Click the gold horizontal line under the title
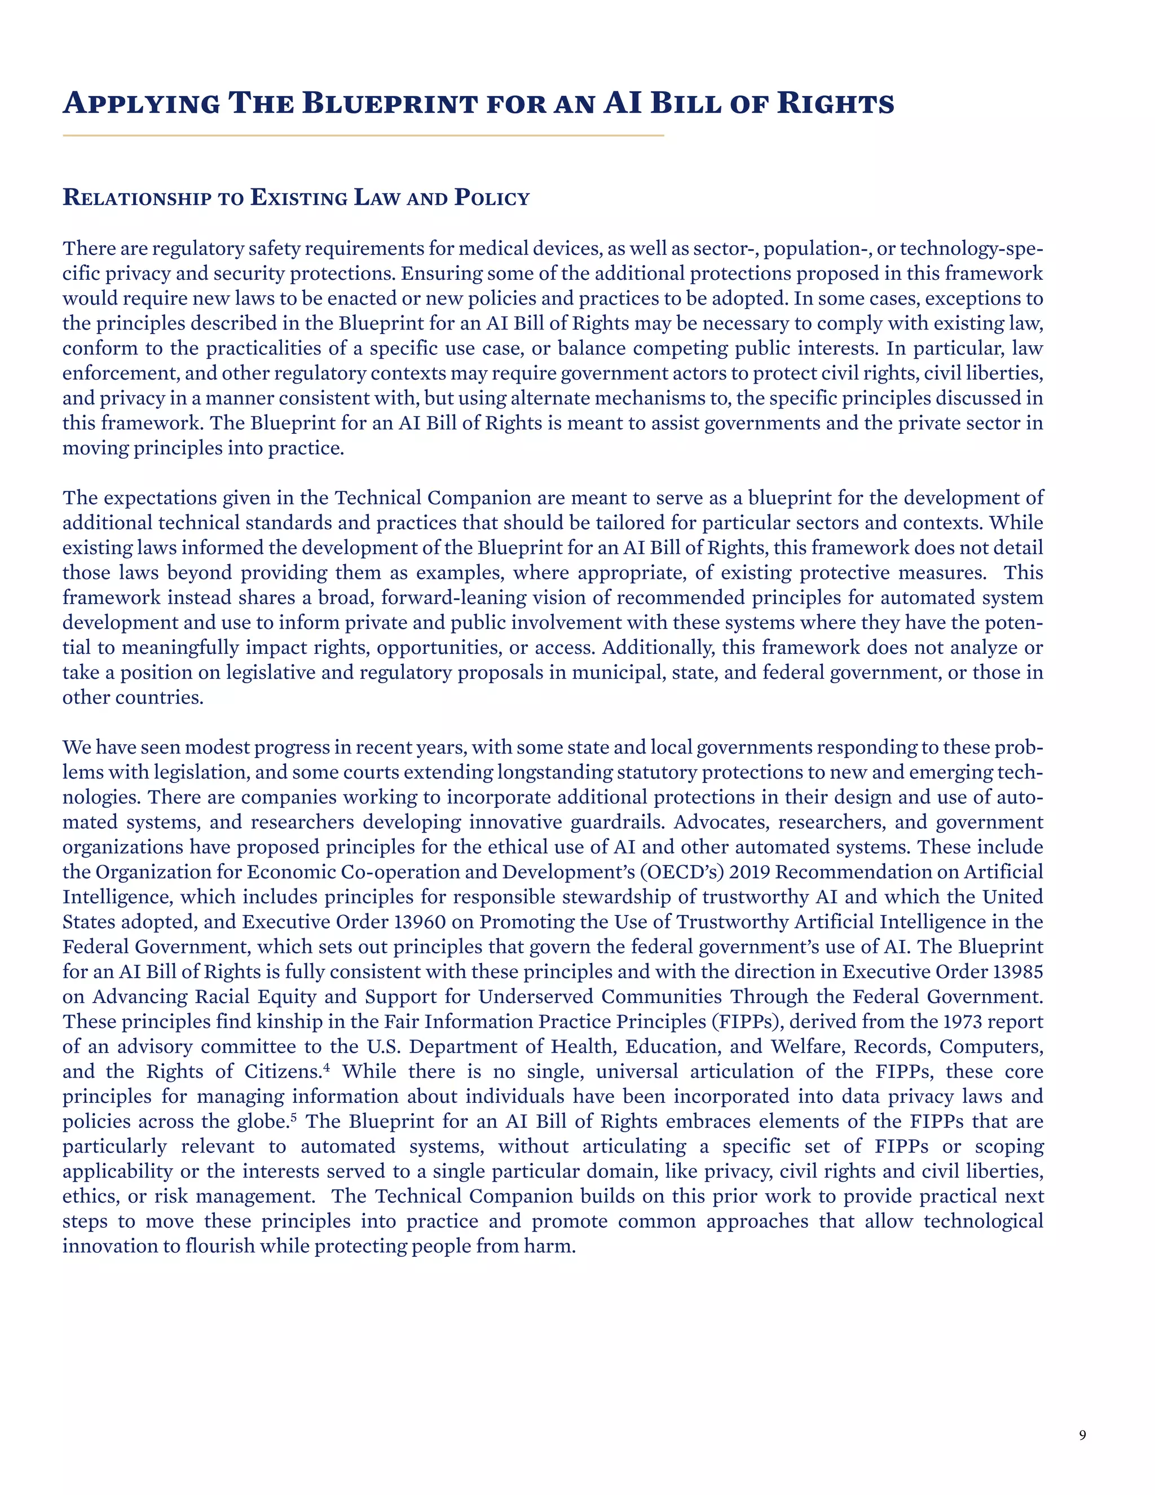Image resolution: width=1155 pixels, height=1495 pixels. pyautogui.click(x=363, y=135)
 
